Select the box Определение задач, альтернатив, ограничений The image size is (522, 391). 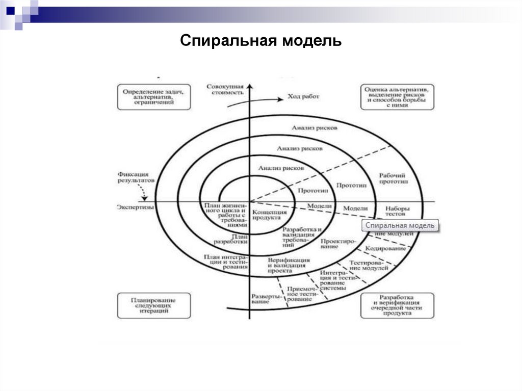(153, 96)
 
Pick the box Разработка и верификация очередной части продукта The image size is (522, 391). (397, 305)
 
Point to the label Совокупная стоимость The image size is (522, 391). (225, 90)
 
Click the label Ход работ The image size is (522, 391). (303, 96)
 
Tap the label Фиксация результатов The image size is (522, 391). (135, 177)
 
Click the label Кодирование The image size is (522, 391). (385, 248)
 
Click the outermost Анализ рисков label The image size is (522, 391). (315, 128)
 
